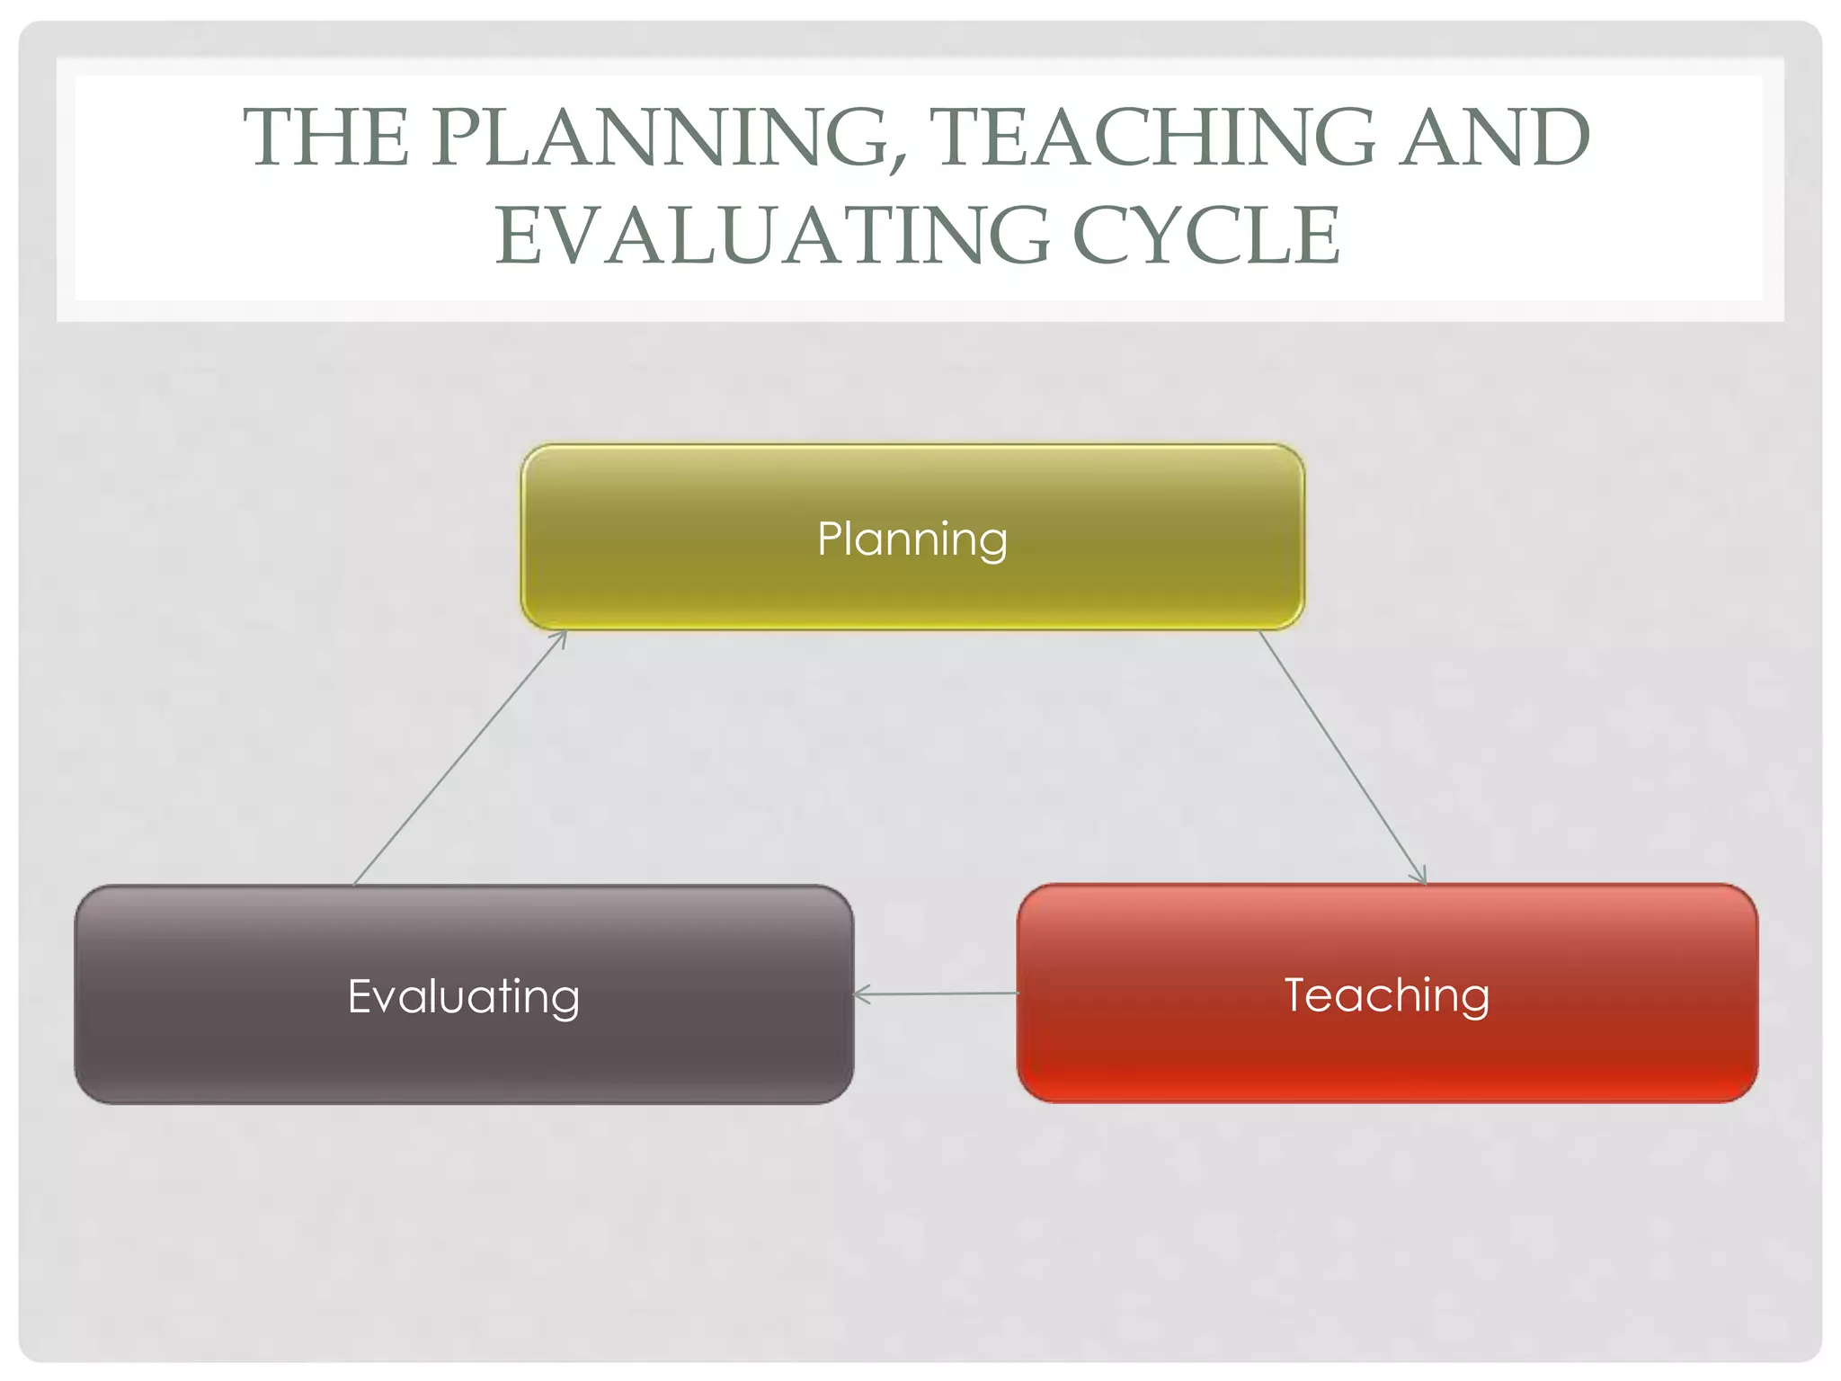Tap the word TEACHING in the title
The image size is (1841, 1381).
[1154, 138]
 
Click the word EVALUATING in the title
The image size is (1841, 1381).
[773, 236]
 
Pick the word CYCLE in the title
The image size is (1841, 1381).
[1206, 236]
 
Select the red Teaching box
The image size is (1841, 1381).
[1387, 1052]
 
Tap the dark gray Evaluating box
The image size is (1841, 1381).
[464, 1052]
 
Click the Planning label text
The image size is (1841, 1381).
[912, 539]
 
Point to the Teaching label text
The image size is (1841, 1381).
[1387, 995]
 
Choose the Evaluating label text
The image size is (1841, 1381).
[464, 997]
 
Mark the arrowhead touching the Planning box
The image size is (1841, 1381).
[561, 637]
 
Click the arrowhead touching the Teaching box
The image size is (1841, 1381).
[1420, 877]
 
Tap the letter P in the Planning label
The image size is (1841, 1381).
[830, 539]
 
